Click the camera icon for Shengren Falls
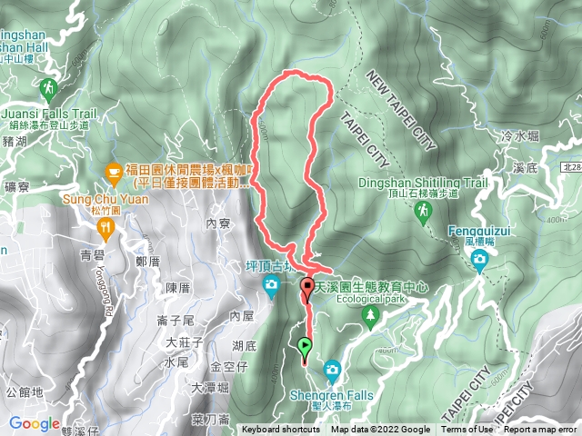tap(332, 369)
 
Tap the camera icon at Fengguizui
tap(479, 262)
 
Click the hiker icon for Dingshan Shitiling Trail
tap(423, 211)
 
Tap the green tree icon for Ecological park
tap(369, 316)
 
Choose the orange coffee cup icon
tap(113, 170)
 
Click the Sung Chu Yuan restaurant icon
tap(107, 227)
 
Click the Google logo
tap(35, 424)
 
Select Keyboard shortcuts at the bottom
tap(280, 430)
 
